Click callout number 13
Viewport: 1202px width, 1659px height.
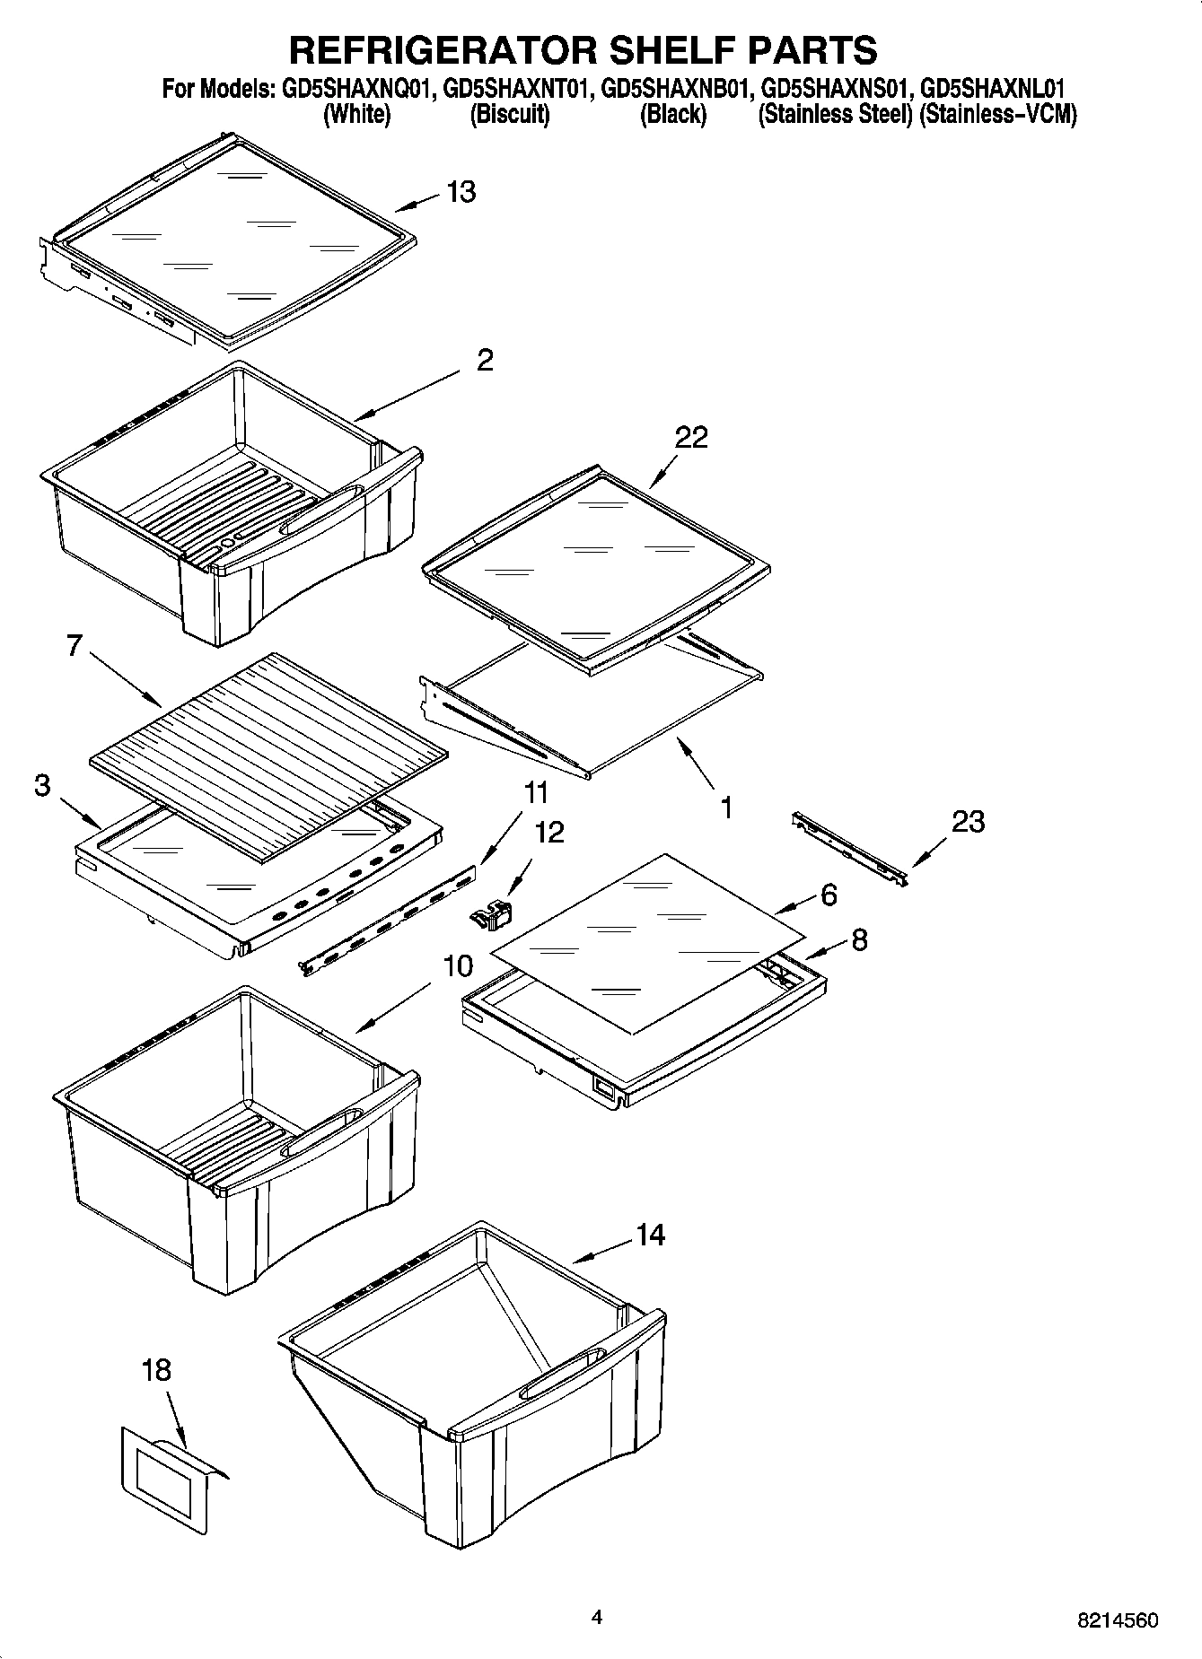click(x=461, y=192)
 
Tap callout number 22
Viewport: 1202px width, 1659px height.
click(x=691, y=437)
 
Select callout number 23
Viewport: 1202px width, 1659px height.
click(x=968, y=821)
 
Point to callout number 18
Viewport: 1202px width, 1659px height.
click(x=156, y=1370)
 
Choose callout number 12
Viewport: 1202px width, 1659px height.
click(x=549, y=832)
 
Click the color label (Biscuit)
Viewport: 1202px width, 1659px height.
click(x=510, y=114)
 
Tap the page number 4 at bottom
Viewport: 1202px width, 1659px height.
click(x=597, y=1617)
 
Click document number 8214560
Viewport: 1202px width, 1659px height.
click(x=1118, y=1620)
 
